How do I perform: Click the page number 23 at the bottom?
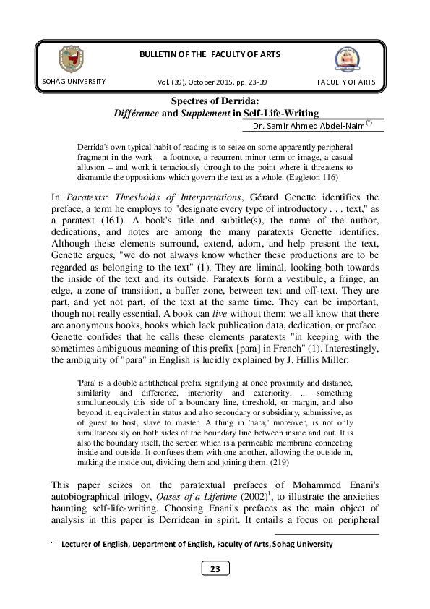215,590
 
